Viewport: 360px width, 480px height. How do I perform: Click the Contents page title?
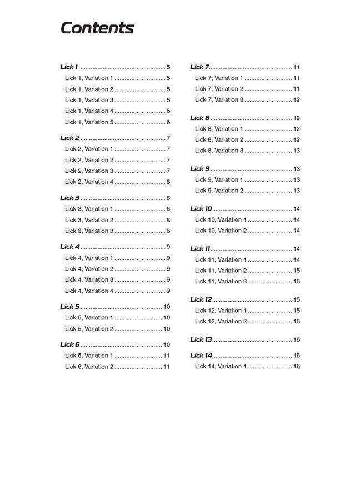[97, 28]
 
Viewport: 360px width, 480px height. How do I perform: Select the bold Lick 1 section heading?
[69, 67]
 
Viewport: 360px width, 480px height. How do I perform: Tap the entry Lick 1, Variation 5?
[89, 122]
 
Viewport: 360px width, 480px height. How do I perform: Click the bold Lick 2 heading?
[70, 138]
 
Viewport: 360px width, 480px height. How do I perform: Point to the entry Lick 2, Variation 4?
[89, 182]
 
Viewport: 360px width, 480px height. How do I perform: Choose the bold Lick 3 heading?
[70, 198]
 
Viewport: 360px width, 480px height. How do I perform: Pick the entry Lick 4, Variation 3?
[89, 280]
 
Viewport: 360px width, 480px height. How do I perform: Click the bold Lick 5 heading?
[70, 307]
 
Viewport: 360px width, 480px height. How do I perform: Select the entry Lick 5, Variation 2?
[89, 329]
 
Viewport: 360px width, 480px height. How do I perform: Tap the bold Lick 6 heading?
[70, 344]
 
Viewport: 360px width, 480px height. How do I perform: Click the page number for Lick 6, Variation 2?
[166, 367]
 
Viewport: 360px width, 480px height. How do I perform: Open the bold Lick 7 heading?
[199, 67]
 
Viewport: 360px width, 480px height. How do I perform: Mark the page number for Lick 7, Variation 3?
[296, 100]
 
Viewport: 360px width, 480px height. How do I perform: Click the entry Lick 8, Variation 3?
[219, 151]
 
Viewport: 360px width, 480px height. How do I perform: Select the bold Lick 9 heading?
[200, 169]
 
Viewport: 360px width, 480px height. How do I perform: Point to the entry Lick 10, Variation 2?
[221, 231]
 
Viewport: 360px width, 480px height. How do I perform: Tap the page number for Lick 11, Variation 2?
[296, 271]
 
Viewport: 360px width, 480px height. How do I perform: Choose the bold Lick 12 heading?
[201, 299]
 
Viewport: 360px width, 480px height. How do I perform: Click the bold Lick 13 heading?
[201, 339]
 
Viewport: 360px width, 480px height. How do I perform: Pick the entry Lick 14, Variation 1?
[221, 367]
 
